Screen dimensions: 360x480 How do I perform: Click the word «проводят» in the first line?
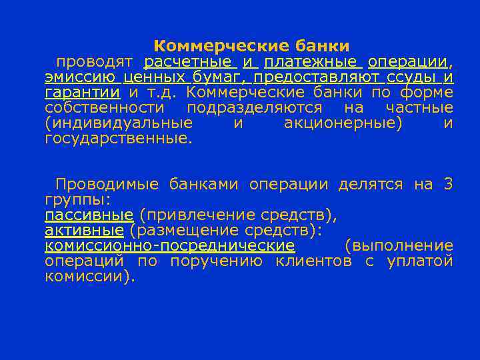coord(95,63)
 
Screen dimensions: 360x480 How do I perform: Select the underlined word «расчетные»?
coord(189,63)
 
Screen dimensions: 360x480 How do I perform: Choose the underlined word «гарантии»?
coord(83,93)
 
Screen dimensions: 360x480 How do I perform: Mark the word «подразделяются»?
coord(255,108)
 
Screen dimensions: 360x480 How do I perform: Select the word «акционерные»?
coord(344,123)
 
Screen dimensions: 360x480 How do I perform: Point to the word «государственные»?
coord(118,139)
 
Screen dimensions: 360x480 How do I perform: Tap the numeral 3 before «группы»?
coord(448,184)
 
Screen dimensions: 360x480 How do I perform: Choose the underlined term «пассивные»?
coord(89,215)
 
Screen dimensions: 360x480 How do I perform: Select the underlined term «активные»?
coord(84,230)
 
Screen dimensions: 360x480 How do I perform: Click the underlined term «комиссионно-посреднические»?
coord(169,245)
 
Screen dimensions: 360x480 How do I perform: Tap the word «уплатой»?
coord(420,260)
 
